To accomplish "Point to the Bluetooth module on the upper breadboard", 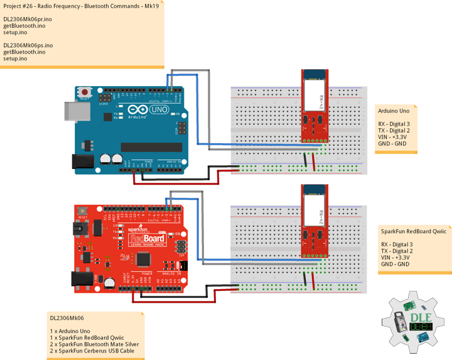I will click(314, 103).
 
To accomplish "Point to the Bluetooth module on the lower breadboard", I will click(314, 220).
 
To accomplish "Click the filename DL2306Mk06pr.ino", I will click(28, 19).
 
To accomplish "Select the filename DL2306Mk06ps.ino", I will click(28, 45).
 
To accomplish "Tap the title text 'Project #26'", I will click(19, 6).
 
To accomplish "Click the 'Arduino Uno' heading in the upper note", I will click(393, 111).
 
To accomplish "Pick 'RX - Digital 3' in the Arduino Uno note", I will click(394, 124).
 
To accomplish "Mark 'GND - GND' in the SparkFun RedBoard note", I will click(394, 264).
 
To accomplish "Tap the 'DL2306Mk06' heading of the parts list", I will click(67, 318).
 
